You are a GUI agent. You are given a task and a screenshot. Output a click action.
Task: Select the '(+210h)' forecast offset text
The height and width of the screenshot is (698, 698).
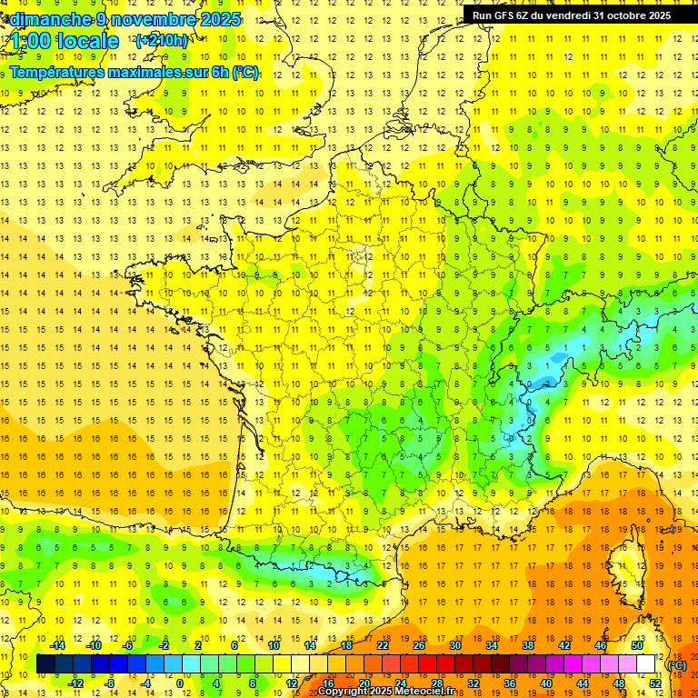[x=162, y=40]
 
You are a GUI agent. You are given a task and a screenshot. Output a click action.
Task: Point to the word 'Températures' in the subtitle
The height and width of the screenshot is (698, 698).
[x=55, y=72]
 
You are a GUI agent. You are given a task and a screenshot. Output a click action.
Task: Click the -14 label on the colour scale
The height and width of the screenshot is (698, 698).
[x=57, y=645]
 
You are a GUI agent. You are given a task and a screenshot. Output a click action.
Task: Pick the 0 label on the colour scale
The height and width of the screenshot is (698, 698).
[x=180, y=683]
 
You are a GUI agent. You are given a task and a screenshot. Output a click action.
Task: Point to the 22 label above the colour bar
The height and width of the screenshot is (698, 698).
[x=383, y=645]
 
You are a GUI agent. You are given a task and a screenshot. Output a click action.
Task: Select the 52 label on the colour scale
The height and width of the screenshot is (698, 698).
[x=654, y=683]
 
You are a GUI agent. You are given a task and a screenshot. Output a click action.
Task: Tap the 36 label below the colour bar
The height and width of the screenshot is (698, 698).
[x=509, y=683]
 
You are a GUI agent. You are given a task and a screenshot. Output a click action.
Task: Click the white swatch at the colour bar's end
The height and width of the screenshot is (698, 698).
[x=645, y=664]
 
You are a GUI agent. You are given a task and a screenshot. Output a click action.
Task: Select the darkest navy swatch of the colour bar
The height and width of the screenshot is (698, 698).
[x=46, y=664]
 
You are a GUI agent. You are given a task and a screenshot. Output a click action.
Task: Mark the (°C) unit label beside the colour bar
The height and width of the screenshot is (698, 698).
[x=676, y=664]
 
